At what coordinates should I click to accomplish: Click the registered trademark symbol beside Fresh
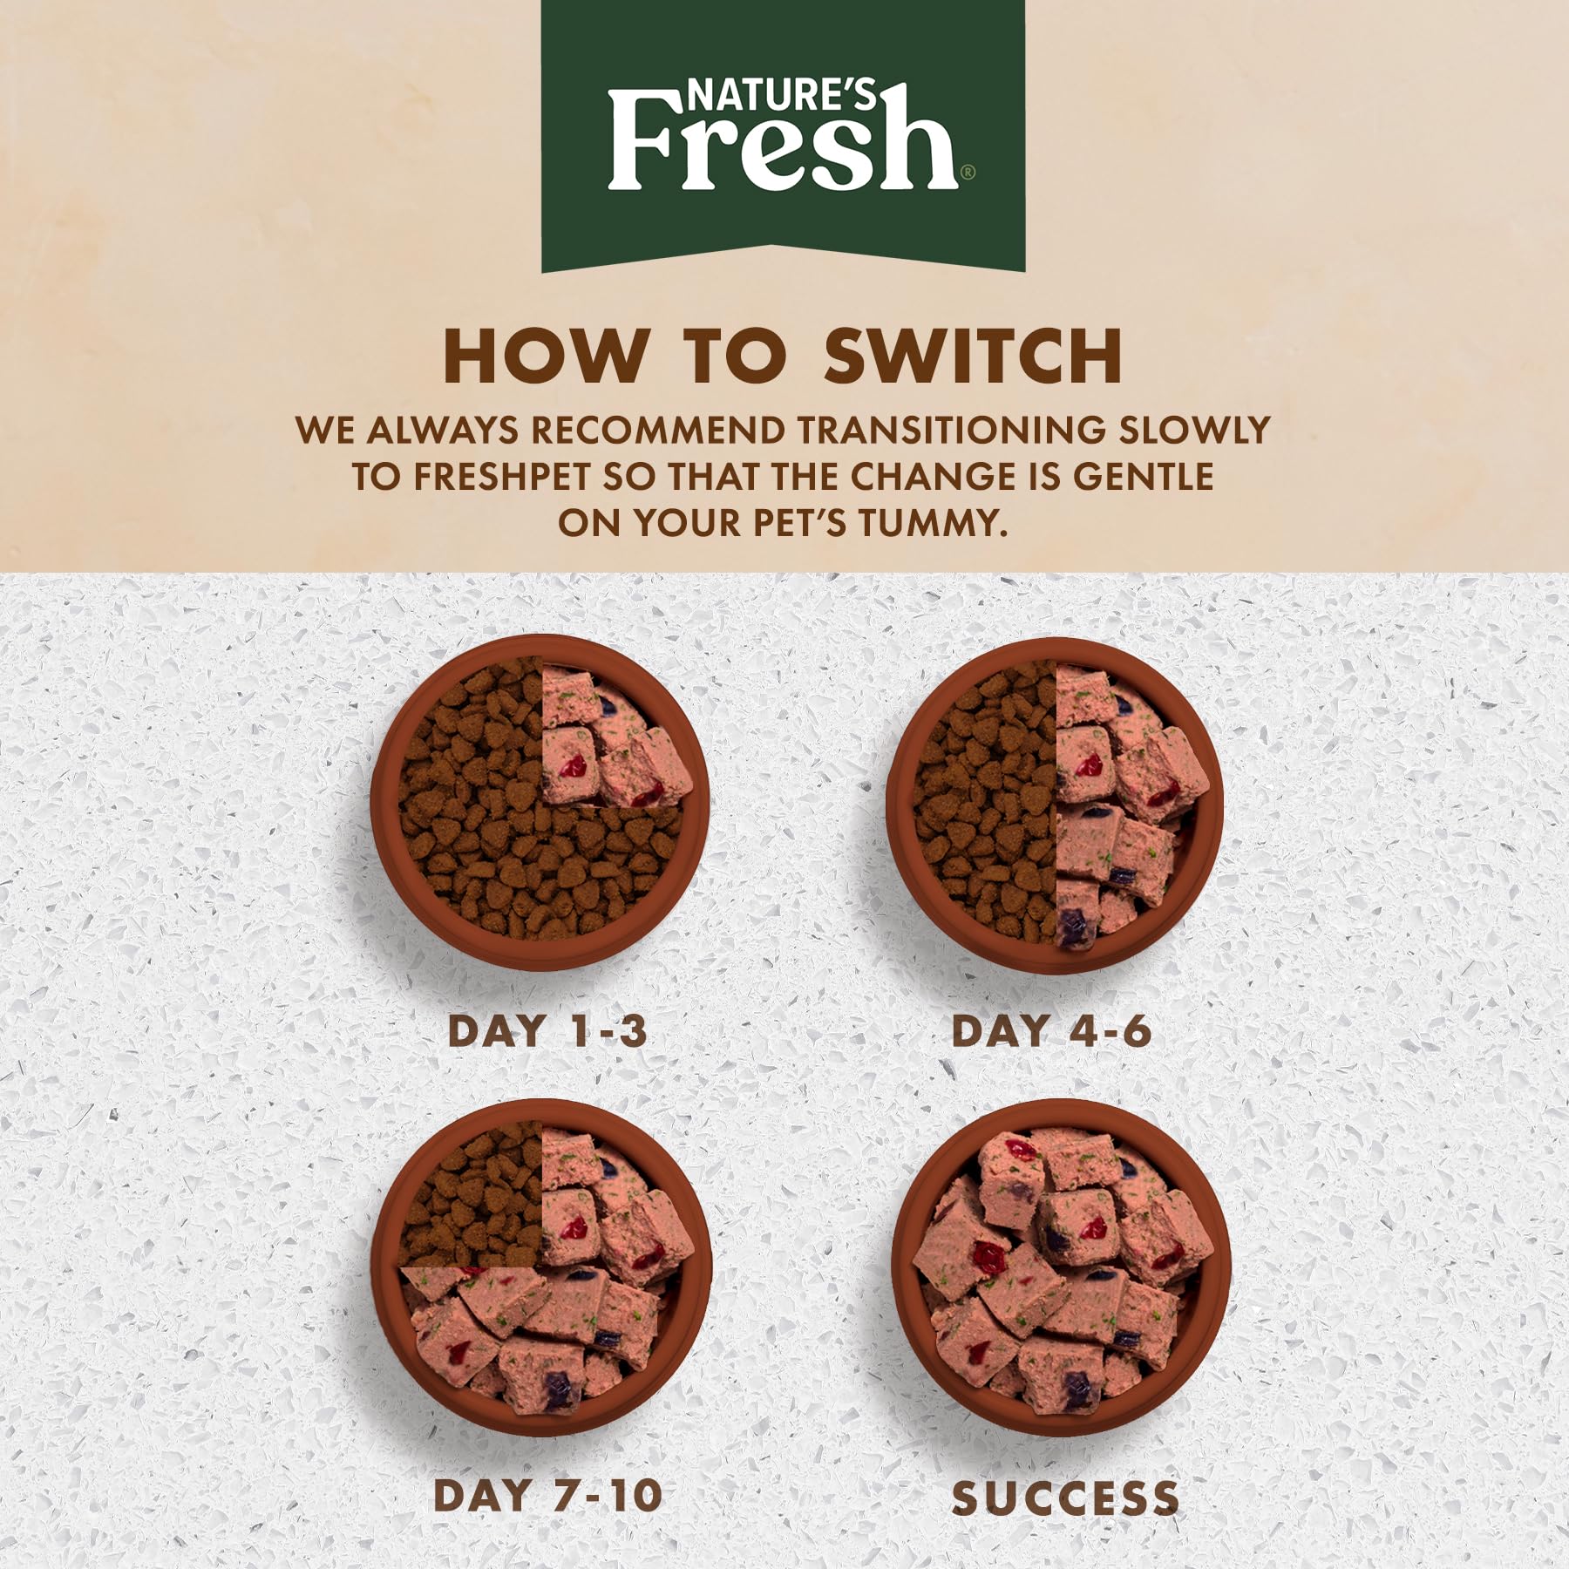(x=968, y=174)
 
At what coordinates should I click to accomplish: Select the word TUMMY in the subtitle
(x=933, y=523)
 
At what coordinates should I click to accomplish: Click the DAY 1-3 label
(x=547, y=1031)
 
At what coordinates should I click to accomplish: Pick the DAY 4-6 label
(x=1051, y=1031)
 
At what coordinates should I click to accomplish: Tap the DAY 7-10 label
(x=547, y=1496)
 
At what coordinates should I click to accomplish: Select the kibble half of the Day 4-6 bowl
(x=985, y=802)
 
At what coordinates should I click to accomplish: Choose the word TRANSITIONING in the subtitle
(x=947, y=431)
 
